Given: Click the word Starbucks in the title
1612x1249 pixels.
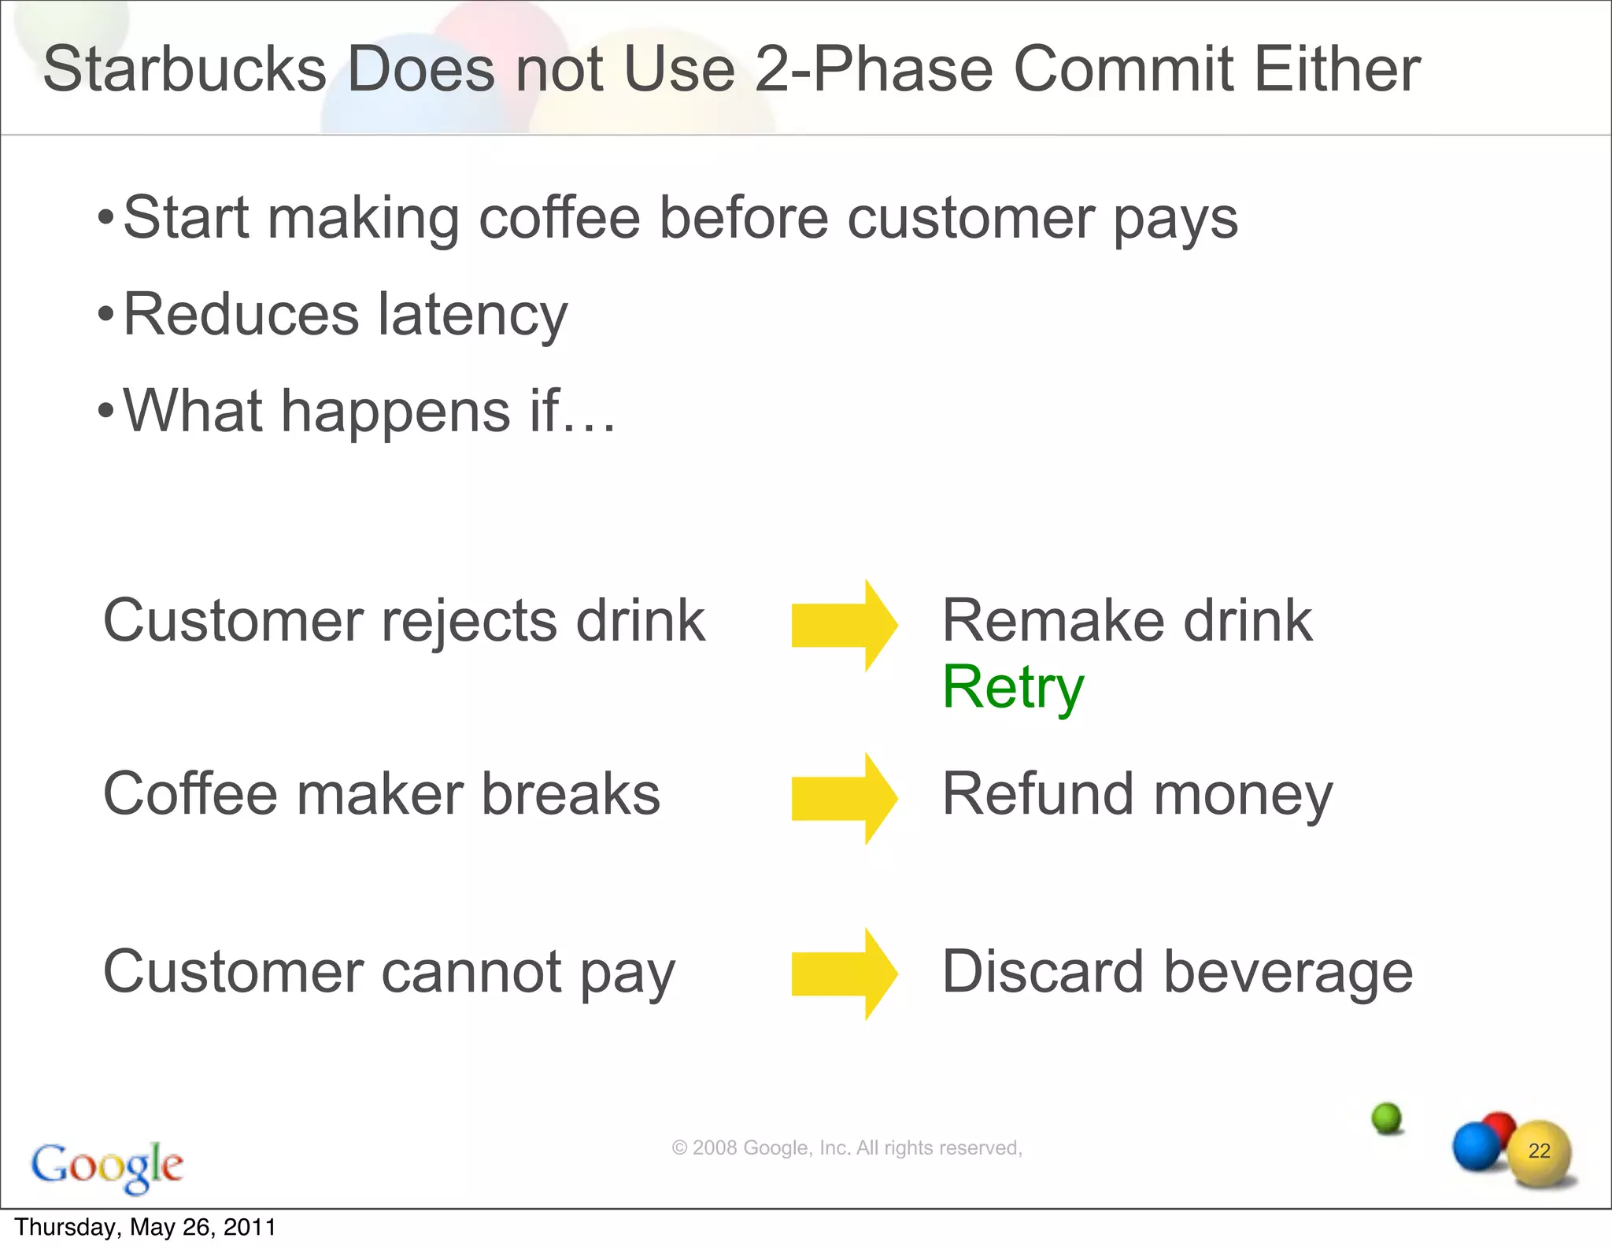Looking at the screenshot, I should tap(184, 69).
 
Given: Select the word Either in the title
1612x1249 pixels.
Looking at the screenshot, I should tap(1337, 69).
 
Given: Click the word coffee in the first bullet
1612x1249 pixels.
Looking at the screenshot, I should tap(560, 218).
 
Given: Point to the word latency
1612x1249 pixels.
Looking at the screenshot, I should tap(472, 315).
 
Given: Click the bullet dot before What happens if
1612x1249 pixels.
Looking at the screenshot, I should tap(105, 411).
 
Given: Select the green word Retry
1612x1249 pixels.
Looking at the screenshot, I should tap(1013, 687).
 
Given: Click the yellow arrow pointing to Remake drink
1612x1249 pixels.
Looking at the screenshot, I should tap(844, 626).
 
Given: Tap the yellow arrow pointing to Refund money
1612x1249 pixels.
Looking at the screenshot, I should tap(844, 798).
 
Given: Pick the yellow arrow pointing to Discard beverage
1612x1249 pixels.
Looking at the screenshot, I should tap(844, 974).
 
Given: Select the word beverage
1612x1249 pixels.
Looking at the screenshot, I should tap(1288, 972).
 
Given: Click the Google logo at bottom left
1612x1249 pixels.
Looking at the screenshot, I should tap(107, 1166).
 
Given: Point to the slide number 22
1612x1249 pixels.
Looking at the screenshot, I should tap(1539, 1151).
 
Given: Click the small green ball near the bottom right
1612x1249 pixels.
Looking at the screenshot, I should tap(1386, 1117).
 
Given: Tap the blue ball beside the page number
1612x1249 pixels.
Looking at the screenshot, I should tap(1476, 1147).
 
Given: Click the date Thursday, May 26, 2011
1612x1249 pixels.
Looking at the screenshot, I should tap(146, 1228).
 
